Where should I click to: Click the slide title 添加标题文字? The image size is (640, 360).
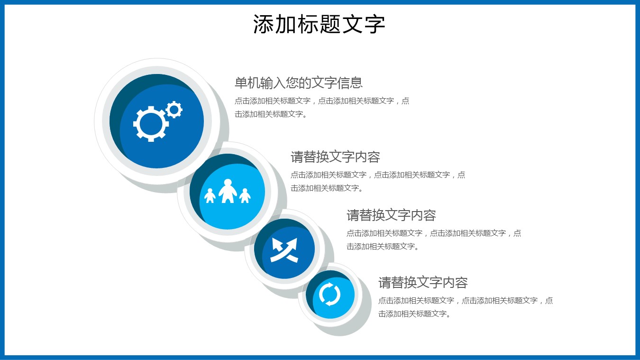click(319, 24)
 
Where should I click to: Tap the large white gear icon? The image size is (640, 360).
click(151, 124)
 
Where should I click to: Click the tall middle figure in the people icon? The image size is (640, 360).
click(228, 191)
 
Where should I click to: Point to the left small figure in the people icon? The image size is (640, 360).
click(210, 195)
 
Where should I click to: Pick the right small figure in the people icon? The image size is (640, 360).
click(245, 195)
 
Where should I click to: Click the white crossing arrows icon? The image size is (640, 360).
click(284, 249)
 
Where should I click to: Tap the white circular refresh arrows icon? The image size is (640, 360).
click(329, 294)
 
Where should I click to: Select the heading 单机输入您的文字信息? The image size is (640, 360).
click(299, 83)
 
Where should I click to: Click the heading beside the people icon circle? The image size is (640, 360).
click(335, 157)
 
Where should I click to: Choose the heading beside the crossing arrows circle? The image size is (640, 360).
click(391, 215)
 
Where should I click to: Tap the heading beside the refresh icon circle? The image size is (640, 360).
click(423, 283)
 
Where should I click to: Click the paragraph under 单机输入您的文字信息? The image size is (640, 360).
click(322, 108)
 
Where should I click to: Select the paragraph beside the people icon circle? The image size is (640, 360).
click(378, 181)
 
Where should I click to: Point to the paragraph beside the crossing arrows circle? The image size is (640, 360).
click(434, 240)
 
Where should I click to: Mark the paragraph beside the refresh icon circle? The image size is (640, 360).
click(466, 307)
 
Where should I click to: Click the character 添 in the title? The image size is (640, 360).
click(264, 24)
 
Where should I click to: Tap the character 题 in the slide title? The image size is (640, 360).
click(330, 24)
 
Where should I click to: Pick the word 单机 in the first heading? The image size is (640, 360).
click(247, 83)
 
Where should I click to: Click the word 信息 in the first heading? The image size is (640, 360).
click(350, 83)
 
